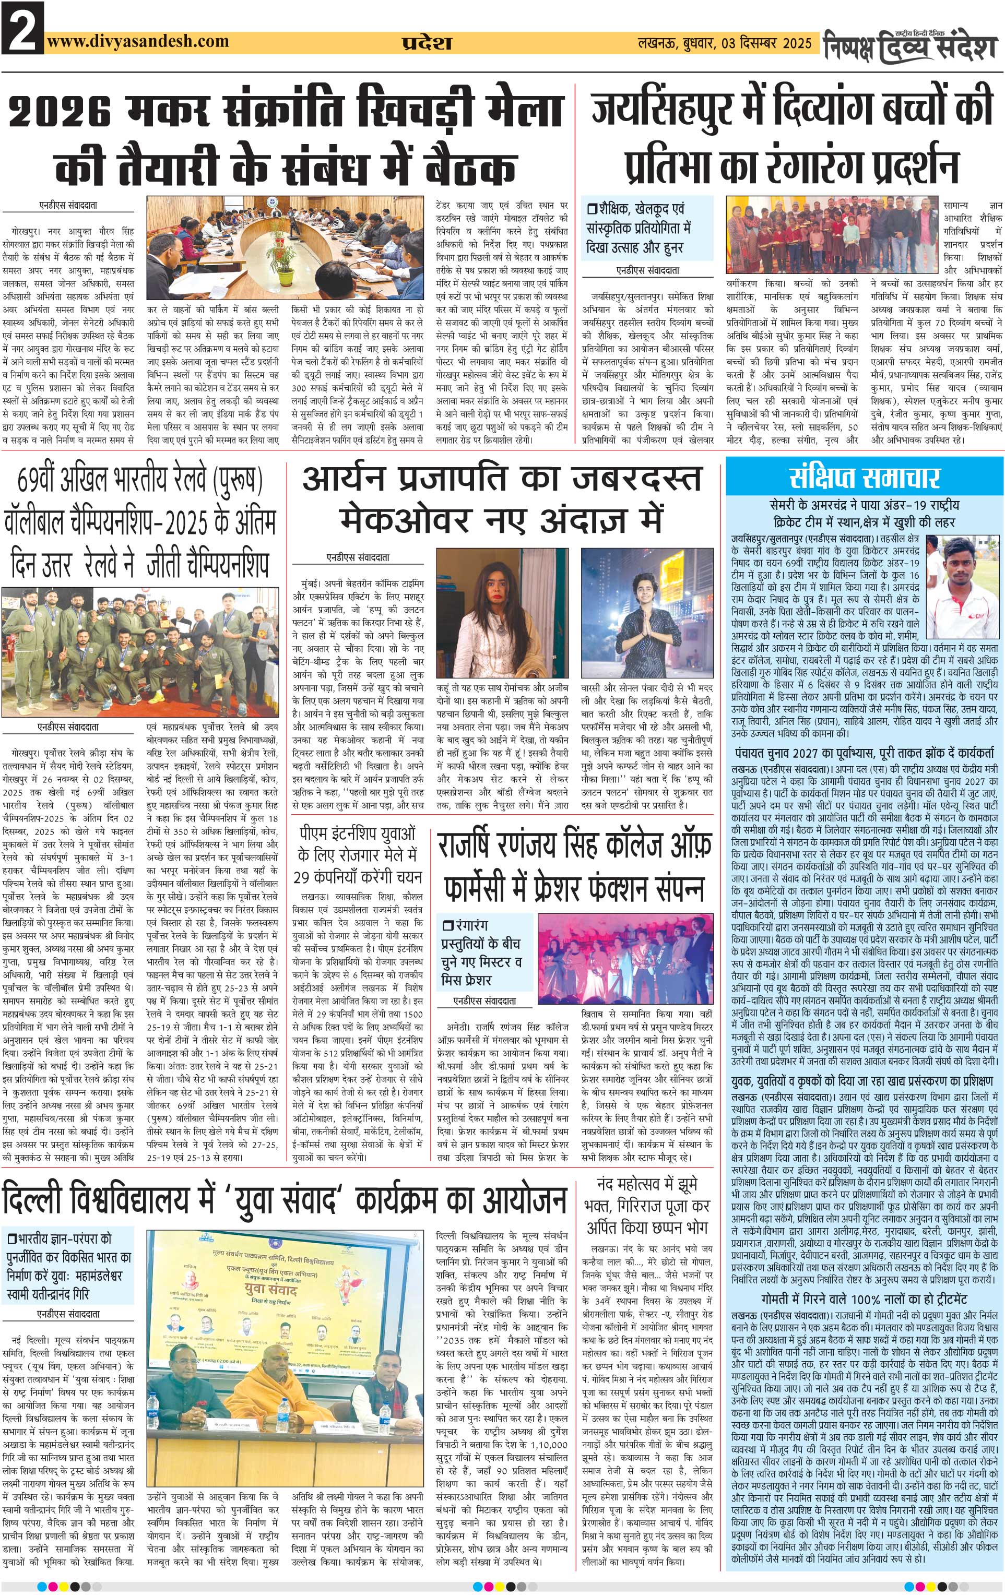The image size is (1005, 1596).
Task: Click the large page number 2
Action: [x=22, y=28]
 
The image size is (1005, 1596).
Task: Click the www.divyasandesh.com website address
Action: [x=138, y=41]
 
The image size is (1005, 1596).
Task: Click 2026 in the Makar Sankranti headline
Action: [x=66, y=112]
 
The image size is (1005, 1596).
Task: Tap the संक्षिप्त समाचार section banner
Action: [x=865, y=477]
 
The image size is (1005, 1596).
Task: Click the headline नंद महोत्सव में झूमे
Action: [x=646, y=1184]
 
